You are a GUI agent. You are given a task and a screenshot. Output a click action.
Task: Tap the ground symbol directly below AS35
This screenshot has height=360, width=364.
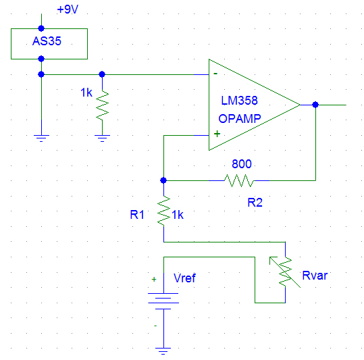[42, 137]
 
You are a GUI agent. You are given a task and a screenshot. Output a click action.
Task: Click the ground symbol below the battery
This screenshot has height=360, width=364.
[163, 350]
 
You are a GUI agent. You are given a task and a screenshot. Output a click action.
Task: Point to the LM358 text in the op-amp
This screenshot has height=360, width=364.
[240, 101]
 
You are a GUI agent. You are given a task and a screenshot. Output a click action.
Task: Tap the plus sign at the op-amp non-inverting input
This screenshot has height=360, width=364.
[217, 134]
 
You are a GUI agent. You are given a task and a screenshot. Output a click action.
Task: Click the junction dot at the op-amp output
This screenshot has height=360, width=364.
[315, 105]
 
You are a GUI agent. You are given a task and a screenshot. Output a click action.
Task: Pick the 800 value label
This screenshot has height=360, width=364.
[242, 163]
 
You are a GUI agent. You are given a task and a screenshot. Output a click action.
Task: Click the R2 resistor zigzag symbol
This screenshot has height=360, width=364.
[240, 180]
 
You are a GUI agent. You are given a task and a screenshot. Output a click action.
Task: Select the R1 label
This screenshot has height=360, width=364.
[137, 214]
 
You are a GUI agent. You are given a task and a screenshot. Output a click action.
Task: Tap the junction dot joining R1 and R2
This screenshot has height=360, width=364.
[163, 180]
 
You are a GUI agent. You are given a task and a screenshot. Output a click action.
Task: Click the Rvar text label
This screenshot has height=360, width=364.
[317, 275]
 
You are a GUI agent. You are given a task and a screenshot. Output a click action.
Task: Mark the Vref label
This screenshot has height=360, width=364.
[184, 278]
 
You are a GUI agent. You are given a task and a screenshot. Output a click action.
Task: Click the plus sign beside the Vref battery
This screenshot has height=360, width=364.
[153, 278]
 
